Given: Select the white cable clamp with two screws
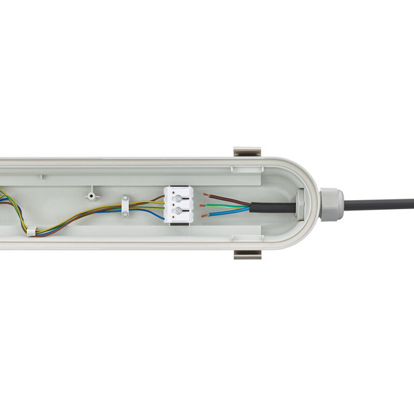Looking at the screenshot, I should (125, 205).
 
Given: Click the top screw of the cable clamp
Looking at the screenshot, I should (125, 198).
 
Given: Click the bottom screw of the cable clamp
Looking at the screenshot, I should (125, 213).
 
